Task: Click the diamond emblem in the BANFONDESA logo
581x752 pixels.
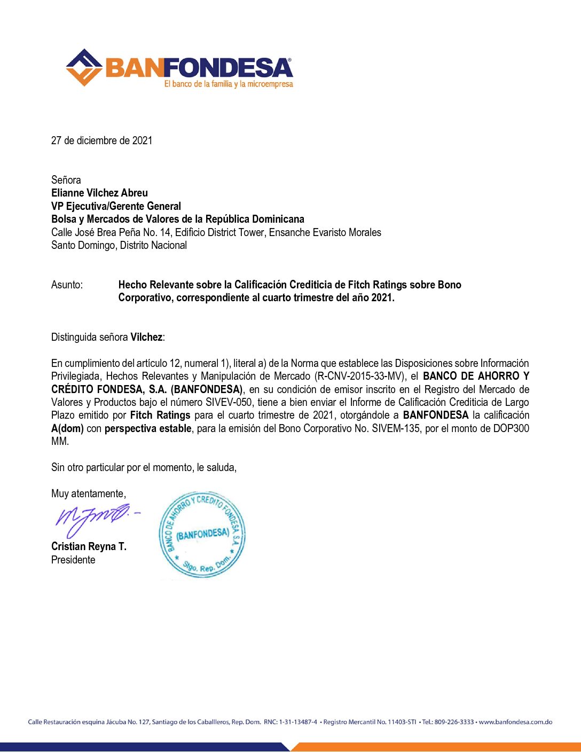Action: [x=84, y=67]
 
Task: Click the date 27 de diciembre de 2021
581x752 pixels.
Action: [x=101, y=140]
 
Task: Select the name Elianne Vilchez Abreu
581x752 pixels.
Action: [x=99, y=193]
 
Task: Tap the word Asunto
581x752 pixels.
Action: [x=67, y=285]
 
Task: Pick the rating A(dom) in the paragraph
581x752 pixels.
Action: [x=67, y=428]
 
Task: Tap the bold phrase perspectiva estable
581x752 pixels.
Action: [x=148, y=428]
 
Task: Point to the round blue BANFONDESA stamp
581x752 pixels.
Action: [x=202, y=535]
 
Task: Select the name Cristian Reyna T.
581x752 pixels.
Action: [x=89, y=546]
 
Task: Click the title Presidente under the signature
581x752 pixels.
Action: [x=73, y=560]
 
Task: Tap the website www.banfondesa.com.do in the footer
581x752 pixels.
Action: [x=515, y=722]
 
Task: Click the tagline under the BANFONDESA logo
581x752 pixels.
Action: [x=229, y=84]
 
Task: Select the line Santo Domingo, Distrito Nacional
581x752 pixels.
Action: [x=119, y=245]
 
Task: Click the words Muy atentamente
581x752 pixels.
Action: [x=88, y=493]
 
